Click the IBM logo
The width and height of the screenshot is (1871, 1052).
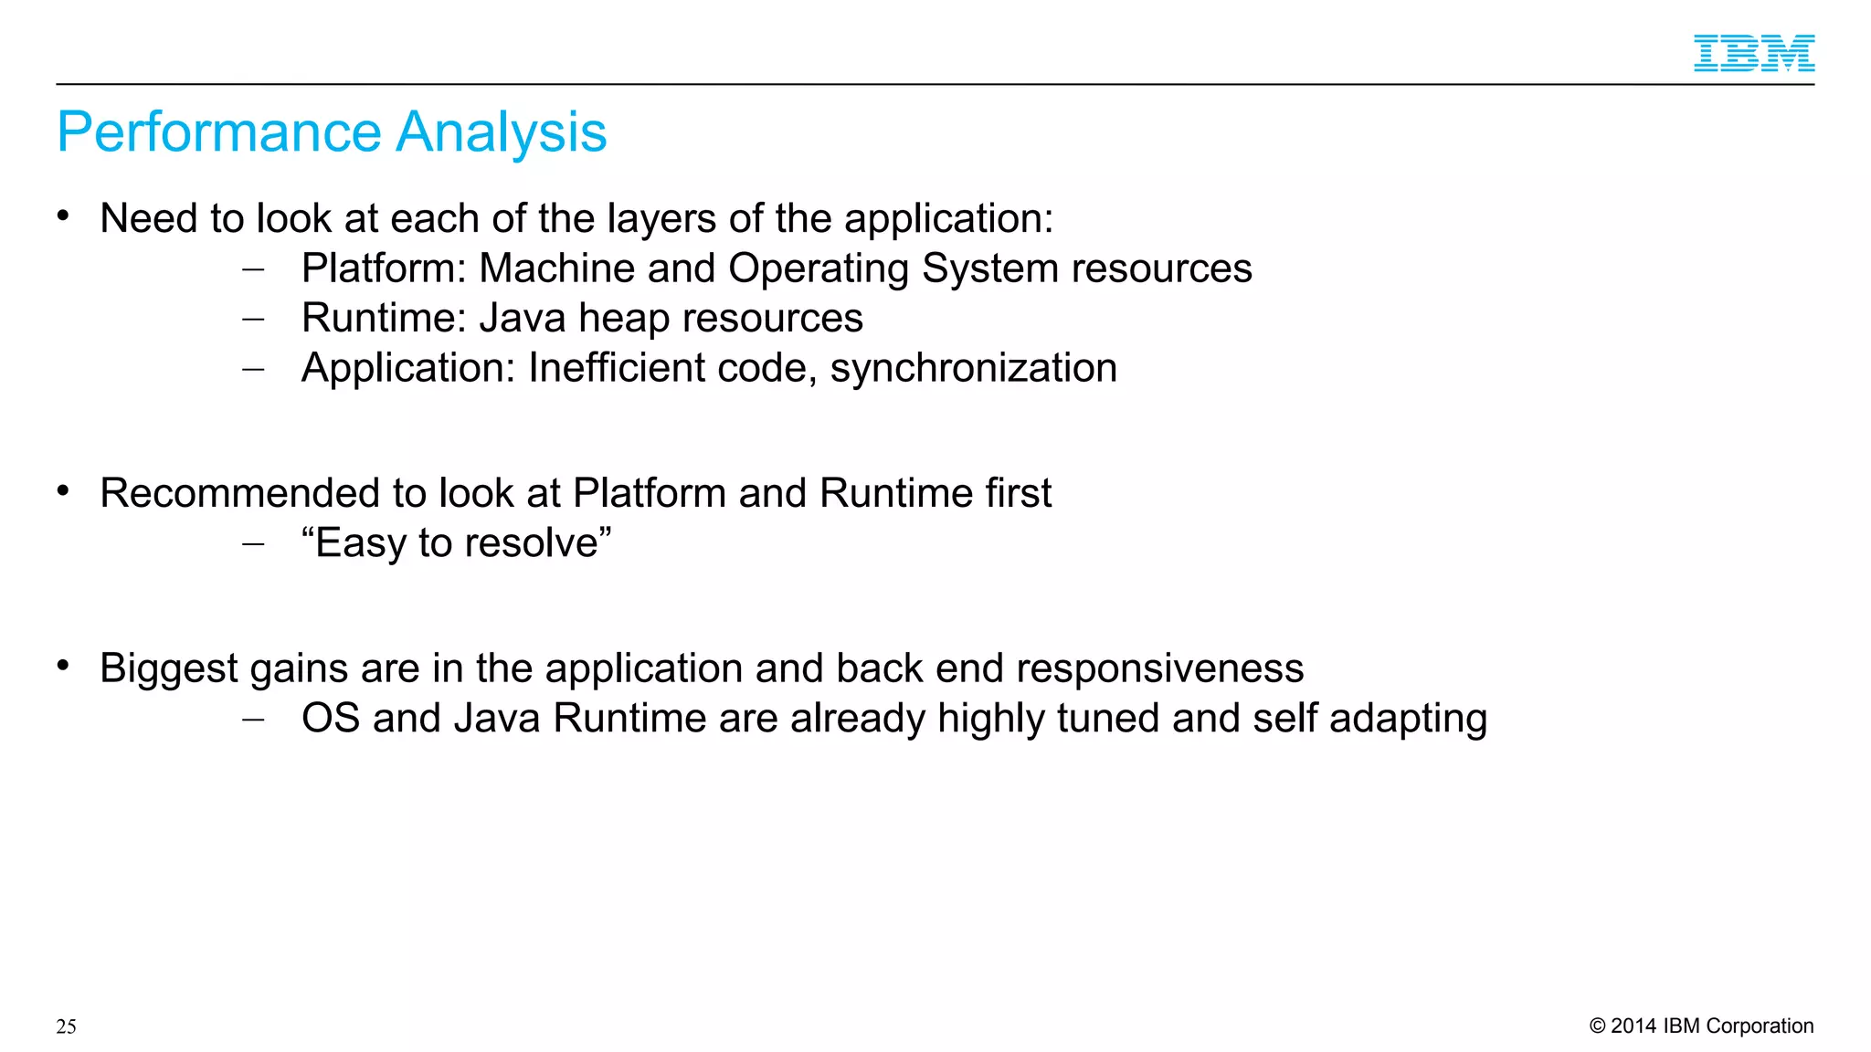pyautogui.click(x=1753, y=53)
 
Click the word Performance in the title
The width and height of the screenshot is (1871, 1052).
pyautogui.click(x=218, y=132)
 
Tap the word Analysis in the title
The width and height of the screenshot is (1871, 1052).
pyautogui.click(x=502, y=132)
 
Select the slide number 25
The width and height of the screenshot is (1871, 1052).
pyautogui.click(x=66, y=1026)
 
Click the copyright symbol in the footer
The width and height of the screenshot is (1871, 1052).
pyautogui.click(x=1597, y=1026)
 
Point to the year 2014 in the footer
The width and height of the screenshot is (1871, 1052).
pyautogui.click(x=1633, y=1026)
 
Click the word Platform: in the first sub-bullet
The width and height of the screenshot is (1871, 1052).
pyautogui.click(x=384, y=268)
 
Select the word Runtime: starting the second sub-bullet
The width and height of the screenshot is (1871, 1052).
pyautogui.click(x=384, y=319)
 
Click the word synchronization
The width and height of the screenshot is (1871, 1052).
pyautogui.click(x=973, y=369)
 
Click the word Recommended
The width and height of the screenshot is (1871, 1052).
pyautogui.click(x=239, y=494)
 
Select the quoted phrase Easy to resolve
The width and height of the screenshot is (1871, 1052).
pyautogui.click(x=456, y=543)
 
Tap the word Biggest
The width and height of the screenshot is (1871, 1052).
pyautogui.click(x=168, y=669)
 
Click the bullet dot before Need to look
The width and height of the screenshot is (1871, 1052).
pyautogui.click(x=63, y=216)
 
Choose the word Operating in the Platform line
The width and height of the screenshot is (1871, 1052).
pyautogui.click(x=818, y=269)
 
